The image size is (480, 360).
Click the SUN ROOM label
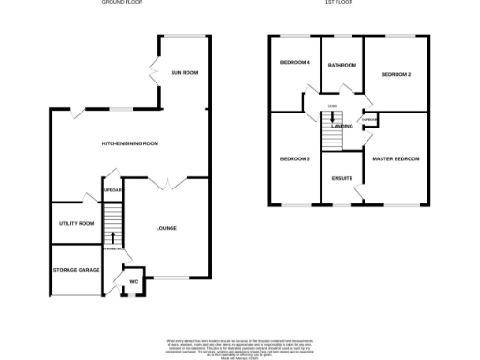(184, 72)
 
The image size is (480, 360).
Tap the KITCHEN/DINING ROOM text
(130, 143)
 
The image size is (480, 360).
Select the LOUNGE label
(167, 228)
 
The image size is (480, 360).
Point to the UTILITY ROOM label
(77, 223)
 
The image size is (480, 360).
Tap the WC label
(134, 280)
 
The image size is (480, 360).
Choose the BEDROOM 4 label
(294, 63)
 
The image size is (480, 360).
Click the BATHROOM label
(341, 66)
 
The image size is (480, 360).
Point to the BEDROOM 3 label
(294, 159)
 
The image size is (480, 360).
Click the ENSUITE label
(342, 177)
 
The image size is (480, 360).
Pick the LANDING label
(341, 127)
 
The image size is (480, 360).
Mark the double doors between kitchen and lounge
(168, 183)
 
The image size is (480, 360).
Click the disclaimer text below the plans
(238, 346)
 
